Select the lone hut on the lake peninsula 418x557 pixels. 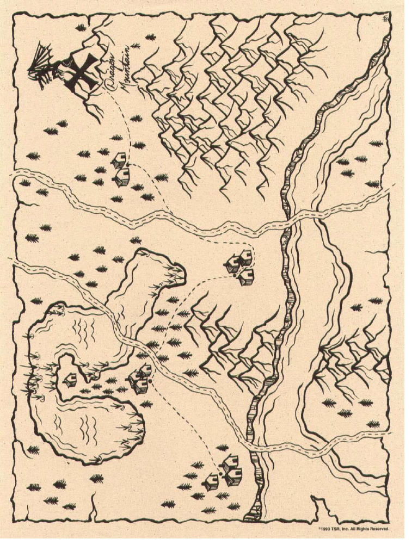click(70, 380)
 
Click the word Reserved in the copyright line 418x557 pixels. click(379, 529)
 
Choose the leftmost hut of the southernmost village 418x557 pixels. click(212, 482)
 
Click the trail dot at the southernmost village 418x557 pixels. click(221, 474)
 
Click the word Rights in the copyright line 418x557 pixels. click(362, 529)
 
